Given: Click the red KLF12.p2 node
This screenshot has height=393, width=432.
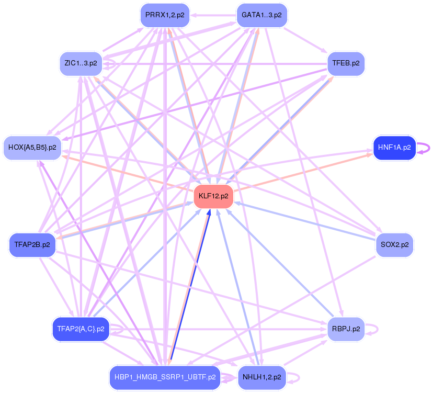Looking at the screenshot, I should [213, 196].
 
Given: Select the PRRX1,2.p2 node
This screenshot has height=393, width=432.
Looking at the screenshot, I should [165, 15].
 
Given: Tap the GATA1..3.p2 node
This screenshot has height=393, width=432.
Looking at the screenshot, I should [262, 15].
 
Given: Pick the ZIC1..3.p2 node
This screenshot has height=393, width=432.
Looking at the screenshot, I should [81, 63].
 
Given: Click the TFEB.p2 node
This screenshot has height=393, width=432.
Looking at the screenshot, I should [346, 63].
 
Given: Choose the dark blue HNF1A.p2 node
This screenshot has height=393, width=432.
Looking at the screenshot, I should [394, 148].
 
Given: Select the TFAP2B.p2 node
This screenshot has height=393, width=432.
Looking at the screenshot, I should [32, 244].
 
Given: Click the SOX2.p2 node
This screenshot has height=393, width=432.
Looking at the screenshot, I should [394, 244].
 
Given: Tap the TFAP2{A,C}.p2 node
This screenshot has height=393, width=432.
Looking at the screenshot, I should [81, 329].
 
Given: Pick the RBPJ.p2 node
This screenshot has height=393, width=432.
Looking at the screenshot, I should [346, 329].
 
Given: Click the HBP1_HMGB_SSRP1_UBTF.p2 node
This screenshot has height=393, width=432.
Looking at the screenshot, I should [165, 377].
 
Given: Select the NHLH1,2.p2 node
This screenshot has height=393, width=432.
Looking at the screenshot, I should [262, 377].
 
